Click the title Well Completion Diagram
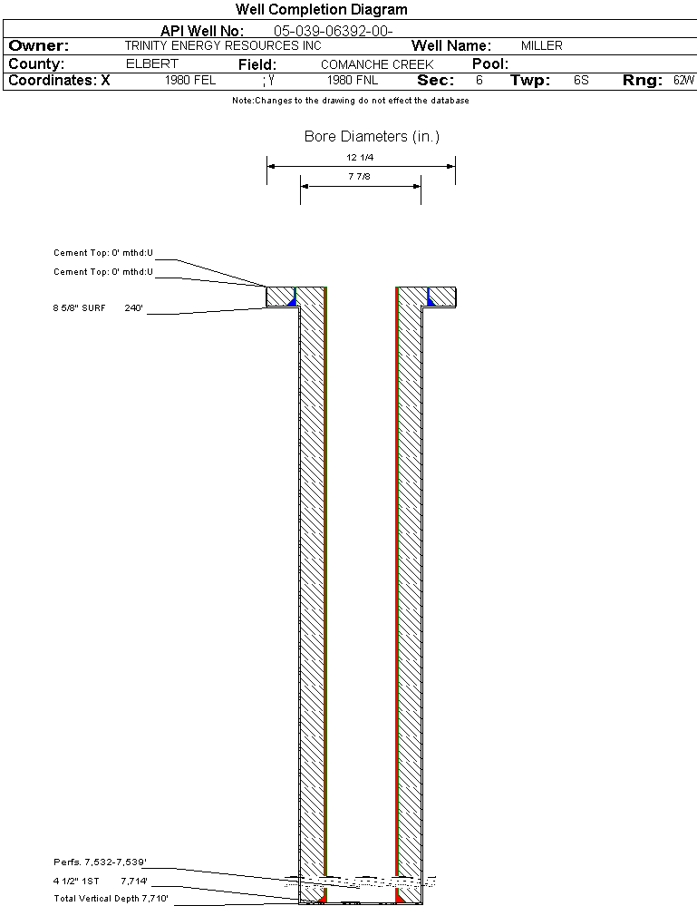pyautogui.click(x=321, y=9)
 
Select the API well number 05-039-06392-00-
pyautogui.click(x=334, y=31)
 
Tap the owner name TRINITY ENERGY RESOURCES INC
pyautogui.click(x=223, y=45)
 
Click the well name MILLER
pyautogui.click(x=542, y=45)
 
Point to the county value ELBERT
pyautogui.click(x=152, y=63)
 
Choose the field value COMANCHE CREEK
pyautogui.click(x=377, y=64)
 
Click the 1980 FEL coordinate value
pyautogui.click(x=190, y=80)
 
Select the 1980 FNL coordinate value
pyautogui.click(x=353, y=80)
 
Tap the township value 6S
pyautogui.click(x=581, y=80)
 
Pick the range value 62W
pyautogui.click(x=683, y=80)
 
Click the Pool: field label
pyautogui.click(x=490, y=63)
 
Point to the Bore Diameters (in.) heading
pyautogui.click(x=372, y=136)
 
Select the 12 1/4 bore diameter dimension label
pyautogui.click(x=360, y=157)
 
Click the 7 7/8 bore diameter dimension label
pyautogui.click(x=359, y=176)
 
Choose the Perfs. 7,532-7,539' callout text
pyautogui.click(x=100, y=862)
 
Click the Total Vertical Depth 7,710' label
pyautogui.click(x=111, y=899)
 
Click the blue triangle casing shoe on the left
pyautogui.click(x=292, y=301)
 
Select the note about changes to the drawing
pyautogui.click(x=351, y=101)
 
